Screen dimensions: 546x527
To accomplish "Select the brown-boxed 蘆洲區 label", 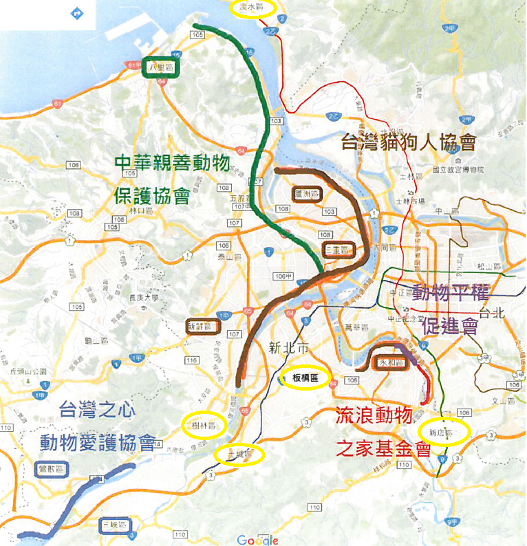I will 306,195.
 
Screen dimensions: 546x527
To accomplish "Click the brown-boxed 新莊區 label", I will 204,326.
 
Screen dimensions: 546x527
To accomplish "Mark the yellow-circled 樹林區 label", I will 204,426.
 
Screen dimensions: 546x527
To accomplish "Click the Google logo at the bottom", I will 258,540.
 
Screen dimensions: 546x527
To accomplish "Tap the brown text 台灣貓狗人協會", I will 409,143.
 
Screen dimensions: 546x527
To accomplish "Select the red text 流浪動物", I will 374,415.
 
